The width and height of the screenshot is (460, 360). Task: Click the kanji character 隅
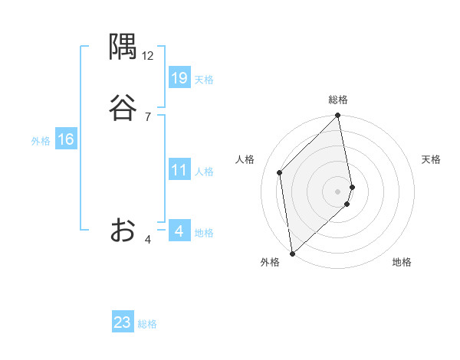tap(123, 48)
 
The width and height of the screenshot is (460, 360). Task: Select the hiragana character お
tap(123, 230)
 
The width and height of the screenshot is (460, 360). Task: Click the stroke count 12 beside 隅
tap(148, 56)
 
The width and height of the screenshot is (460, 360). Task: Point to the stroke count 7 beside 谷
tap(148, 116)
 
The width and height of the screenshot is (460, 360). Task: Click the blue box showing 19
tap(179, 78)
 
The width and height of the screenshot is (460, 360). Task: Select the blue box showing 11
tap(179, 170)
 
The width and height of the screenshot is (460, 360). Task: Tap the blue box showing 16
tap(65, 139)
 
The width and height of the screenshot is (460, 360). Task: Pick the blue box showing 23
tap(123, 322)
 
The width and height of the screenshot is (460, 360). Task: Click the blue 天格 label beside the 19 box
tap(204, 80)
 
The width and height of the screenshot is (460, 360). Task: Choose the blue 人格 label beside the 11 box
tap(204, 172)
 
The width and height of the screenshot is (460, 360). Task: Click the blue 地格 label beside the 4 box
tap(204, 233)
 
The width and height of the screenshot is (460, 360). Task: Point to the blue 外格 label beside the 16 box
tap(41, 141)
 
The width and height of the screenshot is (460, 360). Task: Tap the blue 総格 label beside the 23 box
tap(147, 324)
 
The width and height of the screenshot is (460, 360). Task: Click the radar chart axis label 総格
tap(338, 100)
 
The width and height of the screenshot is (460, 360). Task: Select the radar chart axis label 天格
tap(431, 159)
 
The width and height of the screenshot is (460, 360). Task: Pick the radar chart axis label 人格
tap(245, 159)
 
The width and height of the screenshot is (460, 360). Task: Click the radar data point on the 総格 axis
tap(338, 116)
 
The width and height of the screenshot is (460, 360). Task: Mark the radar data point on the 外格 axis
tap(292, 253)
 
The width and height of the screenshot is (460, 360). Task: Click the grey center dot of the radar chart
tap(338, 190)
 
